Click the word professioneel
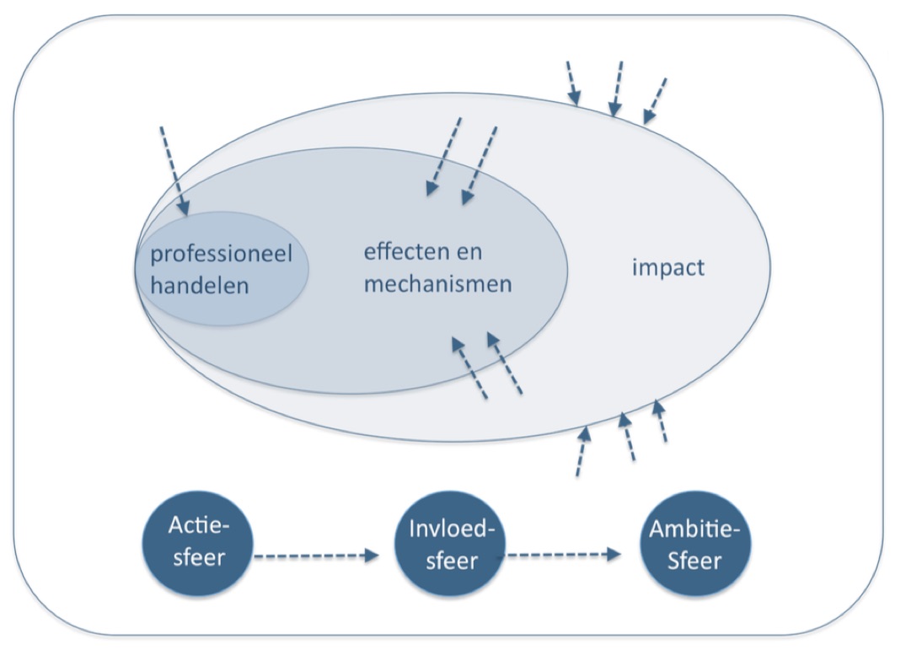221,255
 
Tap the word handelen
200,285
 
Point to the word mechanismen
437,283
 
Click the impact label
667,269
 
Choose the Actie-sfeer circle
200,544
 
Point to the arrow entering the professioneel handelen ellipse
174,169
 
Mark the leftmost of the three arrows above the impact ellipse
572,83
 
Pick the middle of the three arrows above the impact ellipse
618,88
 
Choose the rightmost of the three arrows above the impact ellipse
655,100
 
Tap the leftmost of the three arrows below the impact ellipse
582,451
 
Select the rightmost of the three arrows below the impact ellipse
661,422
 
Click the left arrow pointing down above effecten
444,156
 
